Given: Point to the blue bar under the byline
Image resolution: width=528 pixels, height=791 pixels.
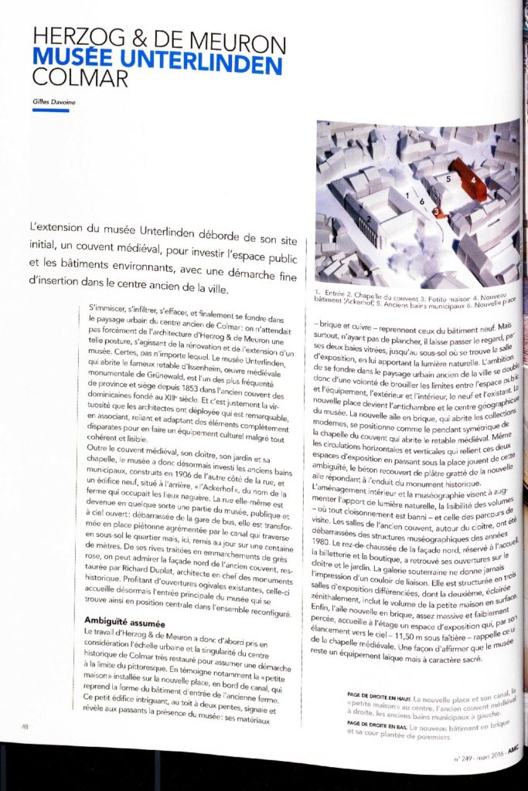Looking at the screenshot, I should pos(51,110).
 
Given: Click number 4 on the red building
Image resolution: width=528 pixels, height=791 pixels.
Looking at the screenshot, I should pos(472,178).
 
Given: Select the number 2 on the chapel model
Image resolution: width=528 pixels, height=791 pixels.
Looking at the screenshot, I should pos(371,217).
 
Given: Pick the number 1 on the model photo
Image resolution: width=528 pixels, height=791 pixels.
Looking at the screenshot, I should pos(407,196).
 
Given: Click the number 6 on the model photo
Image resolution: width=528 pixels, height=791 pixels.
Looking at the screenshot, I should pos(422,200).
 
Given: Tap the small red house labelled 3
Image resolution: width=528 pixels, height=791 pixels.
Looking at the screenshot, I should pos(438,211).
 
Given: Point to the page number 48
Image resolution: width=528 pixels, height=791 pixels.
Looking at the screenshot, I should pos(26,726).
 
